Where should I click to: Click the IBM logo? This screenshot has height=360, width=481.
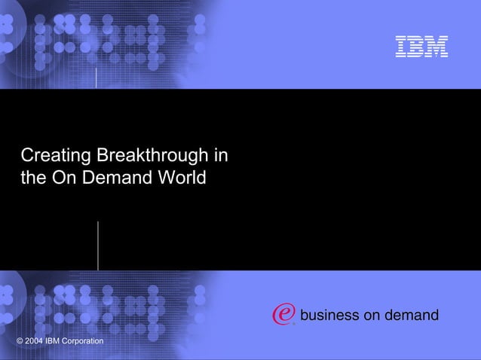(422, 47)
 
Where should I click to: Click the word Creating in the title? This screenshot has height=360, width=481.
(52, 157)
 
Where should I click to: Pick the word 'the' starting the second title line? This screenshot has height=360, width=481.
(33, 179)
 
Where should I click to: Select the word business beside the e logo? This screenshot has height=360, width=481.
(329, 315)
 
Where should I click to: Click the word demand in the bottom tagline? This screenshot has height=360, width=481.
(412, 315)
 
